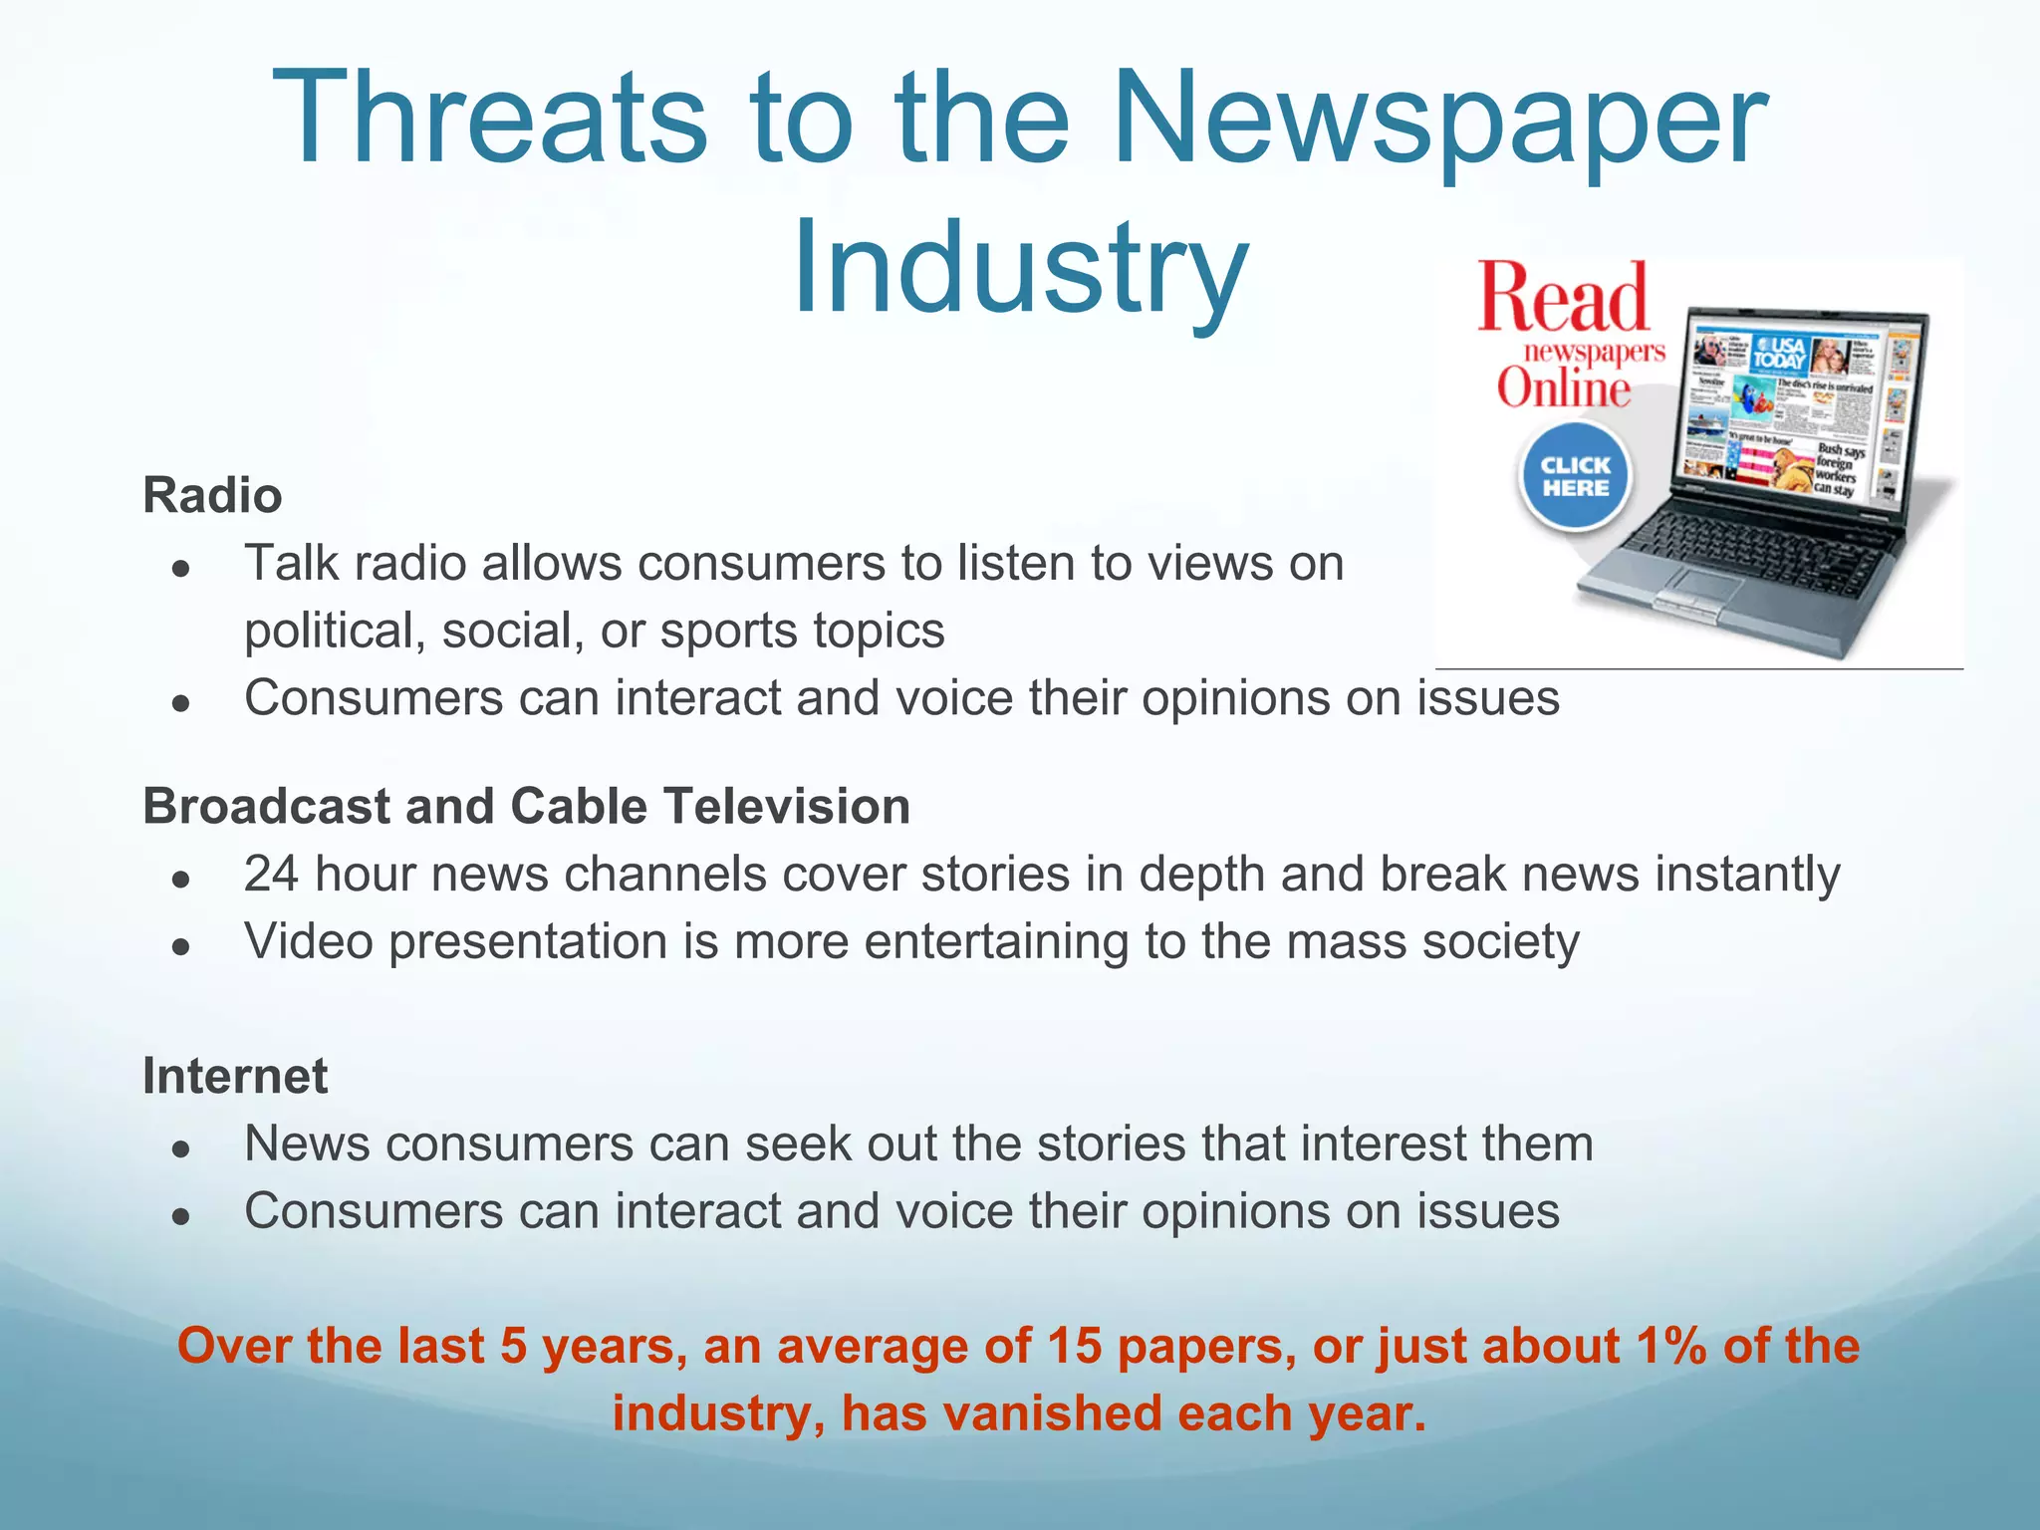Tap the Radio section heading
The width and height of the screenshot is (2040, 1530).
click(212, 495)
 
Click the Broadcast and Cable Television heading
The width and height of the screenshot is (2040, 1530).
click(526, 806)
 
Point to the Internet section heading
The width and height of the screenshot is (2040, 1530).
click(235, 1076)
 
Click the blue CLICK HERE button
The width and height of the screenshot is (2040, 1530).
click(1575, 476)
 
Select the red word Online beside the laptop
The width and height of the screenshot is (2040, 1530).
click(1563, 387)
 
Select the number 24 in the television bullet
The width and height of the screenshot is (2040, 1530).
click(271, 875)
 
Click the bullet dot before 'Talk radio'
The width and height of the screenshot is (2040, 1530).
click(180, 568)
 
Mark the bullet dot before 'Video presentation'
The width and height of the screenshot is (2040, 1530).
click(180, 946)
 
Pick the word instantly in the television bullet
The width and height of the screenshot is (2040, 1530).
click(1747, 875)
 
